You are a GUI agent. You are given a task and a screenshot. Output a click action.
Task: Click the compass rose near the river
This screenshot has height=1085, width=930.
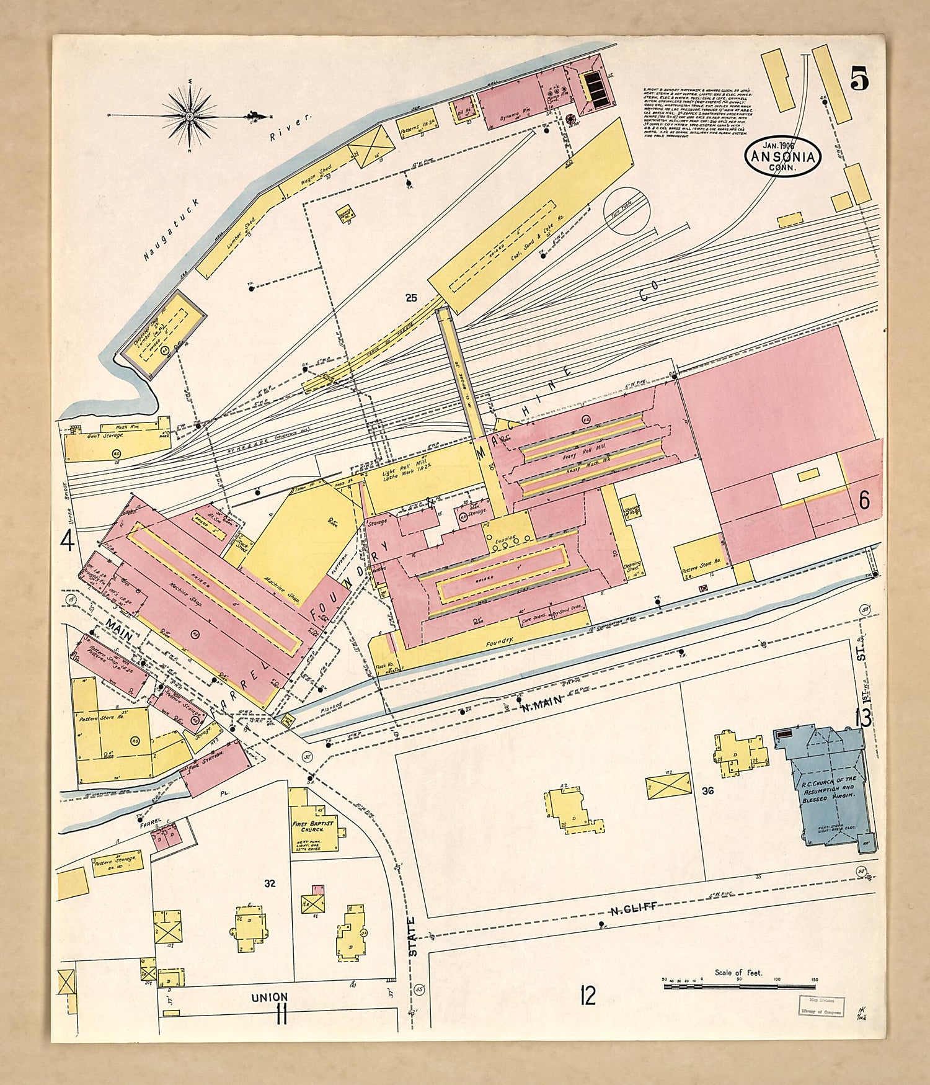coord(189,116)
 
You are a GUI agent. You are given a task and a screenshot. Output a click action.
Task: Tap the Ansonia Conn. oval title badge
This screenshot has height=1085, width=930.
coord(784,156)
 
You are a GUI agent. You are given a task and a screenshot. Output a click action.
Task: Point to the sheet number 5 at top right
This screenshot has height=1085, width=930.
coord(859,79)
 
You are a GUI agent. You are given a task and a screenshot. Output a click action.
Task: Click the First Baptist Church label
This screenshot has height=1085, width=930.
coord(313,827)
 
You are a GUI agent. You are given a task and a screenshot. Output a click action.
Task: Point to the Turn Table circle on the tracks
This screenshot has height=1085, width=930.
coord(626,211)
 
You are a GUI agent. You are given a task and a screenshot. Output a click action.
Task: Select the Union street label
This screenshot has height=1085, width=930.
coord(270,998)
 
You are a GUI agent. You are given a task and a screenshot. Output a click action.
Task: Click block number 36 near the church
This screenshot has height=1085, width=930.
coord(708,791)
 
